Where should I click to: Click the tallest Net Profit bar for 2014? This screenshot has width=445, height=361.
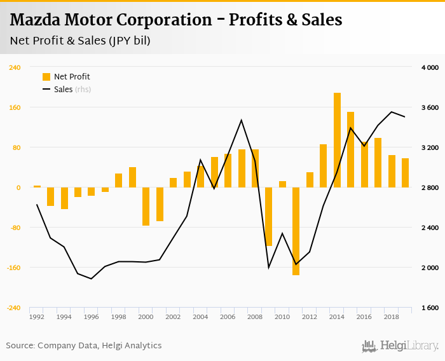click(337, 140)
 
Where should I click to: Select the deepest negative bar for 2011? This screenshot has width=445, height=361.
click(296, 231)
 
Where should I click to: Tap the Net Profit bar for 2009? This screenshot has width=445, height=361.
click(268, 217)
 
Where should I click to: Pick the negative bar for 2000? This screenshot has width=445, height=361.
click(146, 207)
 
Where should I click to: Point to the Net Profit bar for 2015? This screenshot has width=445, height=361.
click(350, 150)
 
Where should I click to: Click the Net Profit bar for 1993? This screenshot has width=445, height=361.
click(50, 196)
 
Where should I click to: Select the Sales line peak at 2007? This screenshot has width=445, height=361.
click(241, 120)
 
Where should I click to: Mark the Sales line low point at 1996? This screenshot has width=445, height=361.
click(91, 278)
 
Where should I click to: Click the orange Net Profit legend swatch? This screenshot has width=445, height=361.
click(46, 77)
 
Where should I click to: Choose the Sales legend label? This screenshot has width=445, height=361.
click(64, 90)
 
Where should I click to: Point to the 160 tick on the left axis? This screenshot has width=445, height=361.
click(15, 107)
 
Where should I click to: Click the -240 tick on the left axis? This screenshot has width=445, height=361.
click(13, 308)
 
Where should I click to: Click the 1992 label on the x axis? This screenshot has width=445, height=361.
click(37, 316)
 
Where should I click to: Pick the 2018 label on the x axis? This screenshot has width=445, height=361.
click(391, 316)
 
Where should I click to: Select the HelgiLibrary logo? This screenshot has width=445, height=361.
click(400, 346)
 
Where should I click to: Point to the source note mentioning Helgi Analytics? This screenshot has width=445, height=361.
click(84, 346)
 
